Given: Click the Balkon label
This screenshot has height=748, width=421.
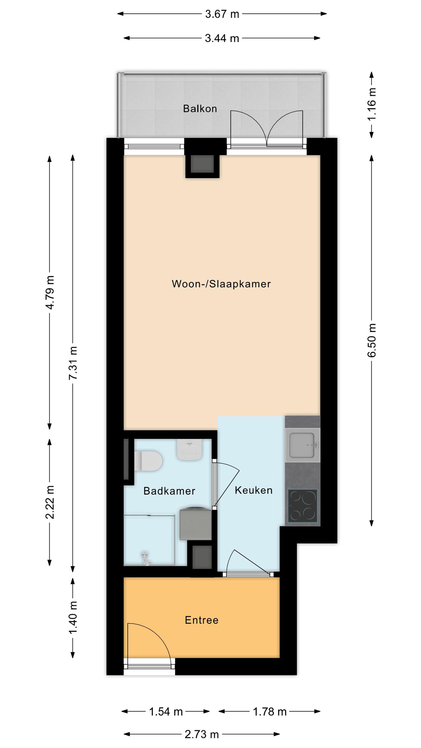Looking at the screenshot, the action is pyautogui.click(x=200, y=109).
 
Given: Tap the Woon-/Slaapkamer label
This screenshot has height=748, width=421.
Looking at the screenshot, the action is pyautogui.click(x=221, y=284).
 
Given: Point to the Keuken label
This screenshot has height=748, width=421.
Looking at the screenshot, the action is pyautogui.click(x=254, y=490).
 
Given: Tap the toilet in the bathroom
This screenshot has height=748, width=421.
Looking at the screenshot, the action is pyautogui.click(x=148, y=461).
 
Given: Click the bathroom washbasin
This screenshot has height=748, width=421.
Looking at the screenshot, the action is pyautogui.click(x=190, y=450).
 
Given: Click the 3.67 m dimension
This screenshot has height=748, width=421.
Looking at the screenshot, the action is pyautogui.click(x=222, y=14).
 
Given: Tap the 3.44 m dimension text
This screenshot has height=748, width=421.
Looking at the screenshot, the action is pyautogui.click(x=222, y=38).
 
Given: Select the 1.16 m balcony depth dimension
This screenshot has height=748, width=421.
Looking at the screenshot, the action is pyautogui.click(x=372, y=104).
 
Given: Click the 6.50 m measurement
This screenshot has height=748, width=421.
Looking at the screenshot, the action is pyautogui.click(x=372, y=340).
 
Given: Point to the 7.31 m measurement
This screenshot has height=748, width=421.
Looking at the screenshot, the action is pyautogui.click(x=73, y=363).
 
